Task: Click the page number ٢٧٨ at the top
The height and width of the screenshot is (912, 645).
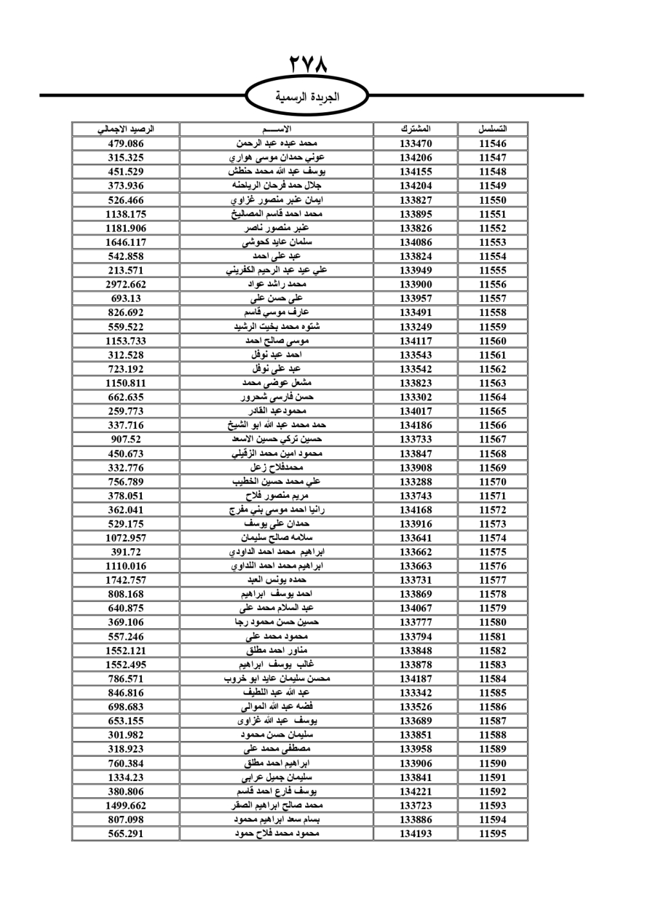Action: [308, 64]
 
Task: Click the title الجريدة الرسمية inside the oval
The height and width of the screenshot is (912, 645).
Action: [308, 97]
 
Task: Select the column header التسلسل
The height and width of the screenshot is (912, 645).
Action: [493, 129]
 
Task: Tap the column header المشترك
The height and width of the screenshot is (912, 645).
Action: [415, 129]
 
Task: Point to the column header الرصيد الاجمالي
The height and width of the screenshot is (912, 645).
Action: [126, 129]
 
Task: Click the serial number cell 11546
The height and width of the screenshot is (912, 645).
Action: [493, 144]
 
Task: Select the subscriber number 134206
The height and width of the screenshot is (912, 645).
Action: [415, 158]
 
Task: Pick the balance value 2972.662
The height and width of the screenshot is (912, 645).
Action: [126, 284]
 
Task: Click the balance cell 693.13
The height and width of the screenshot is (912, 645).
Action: [126, 299]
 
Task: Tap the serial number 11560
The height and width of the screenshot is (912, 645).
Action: [493, 341]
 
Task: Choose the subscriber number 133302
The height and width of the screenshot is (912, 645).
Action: [415, 397]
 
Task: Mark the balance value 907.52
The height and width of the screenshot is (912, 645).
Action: [126, 439]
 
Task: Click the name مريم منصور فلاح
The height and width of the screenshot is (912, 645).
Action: [277, 496]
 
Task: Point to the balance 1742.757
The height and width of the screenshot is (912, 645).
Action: [126, 580]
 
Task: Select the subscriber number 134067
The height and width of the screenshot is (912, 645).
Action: [415, 608]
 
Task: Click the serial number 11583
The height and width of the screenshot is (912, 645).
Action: [493, 664]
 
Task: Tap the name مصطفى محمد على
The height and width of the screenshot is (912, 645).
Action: [277, 749]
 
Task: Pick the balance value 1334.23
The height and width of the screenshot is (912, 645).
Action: [126, 777]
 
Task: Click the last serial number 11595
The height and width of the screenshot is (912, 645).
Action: [493, 833]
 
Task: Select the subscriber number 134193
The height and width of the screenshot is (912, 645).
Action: [415, 833]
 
